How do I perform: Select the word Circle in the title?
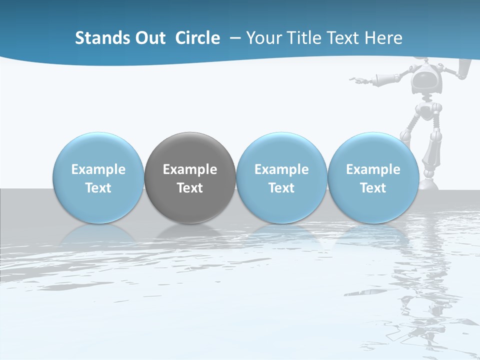tap(197, 38)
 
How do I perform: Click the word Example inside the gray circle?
tap(190, 169)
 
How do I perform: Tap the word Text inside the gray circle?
tap(190, 188)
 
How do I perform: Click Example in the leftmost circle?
tap(98, 169)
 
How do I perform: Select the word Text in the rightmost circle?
tap(373, 188)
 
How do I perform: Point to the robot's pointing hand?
tap(356, 79)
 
